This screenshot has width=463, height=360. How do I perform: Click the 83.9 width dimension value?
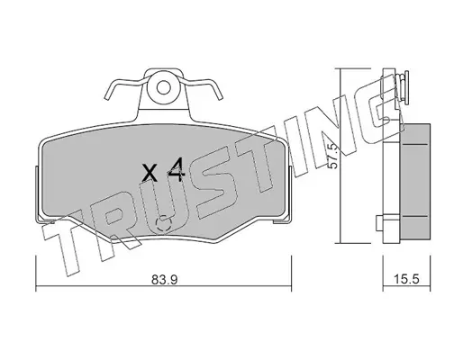tap(165, 279)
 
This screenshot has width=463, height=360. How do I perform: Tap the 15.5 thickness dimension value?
tap(407, 279)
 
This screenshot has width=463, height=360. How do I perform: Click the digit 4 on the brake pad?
tap(177, 169)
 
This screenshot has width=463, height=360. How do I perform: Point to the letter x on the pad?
tap(150, 174)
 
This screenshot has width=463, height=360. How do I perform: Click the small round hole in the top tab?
tap(164, 88)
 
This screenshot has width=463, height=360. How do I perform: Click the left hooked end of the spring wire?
tap(107, 92)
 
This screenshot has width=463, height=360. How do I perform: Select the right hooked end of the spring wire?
tap(219, 92)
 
